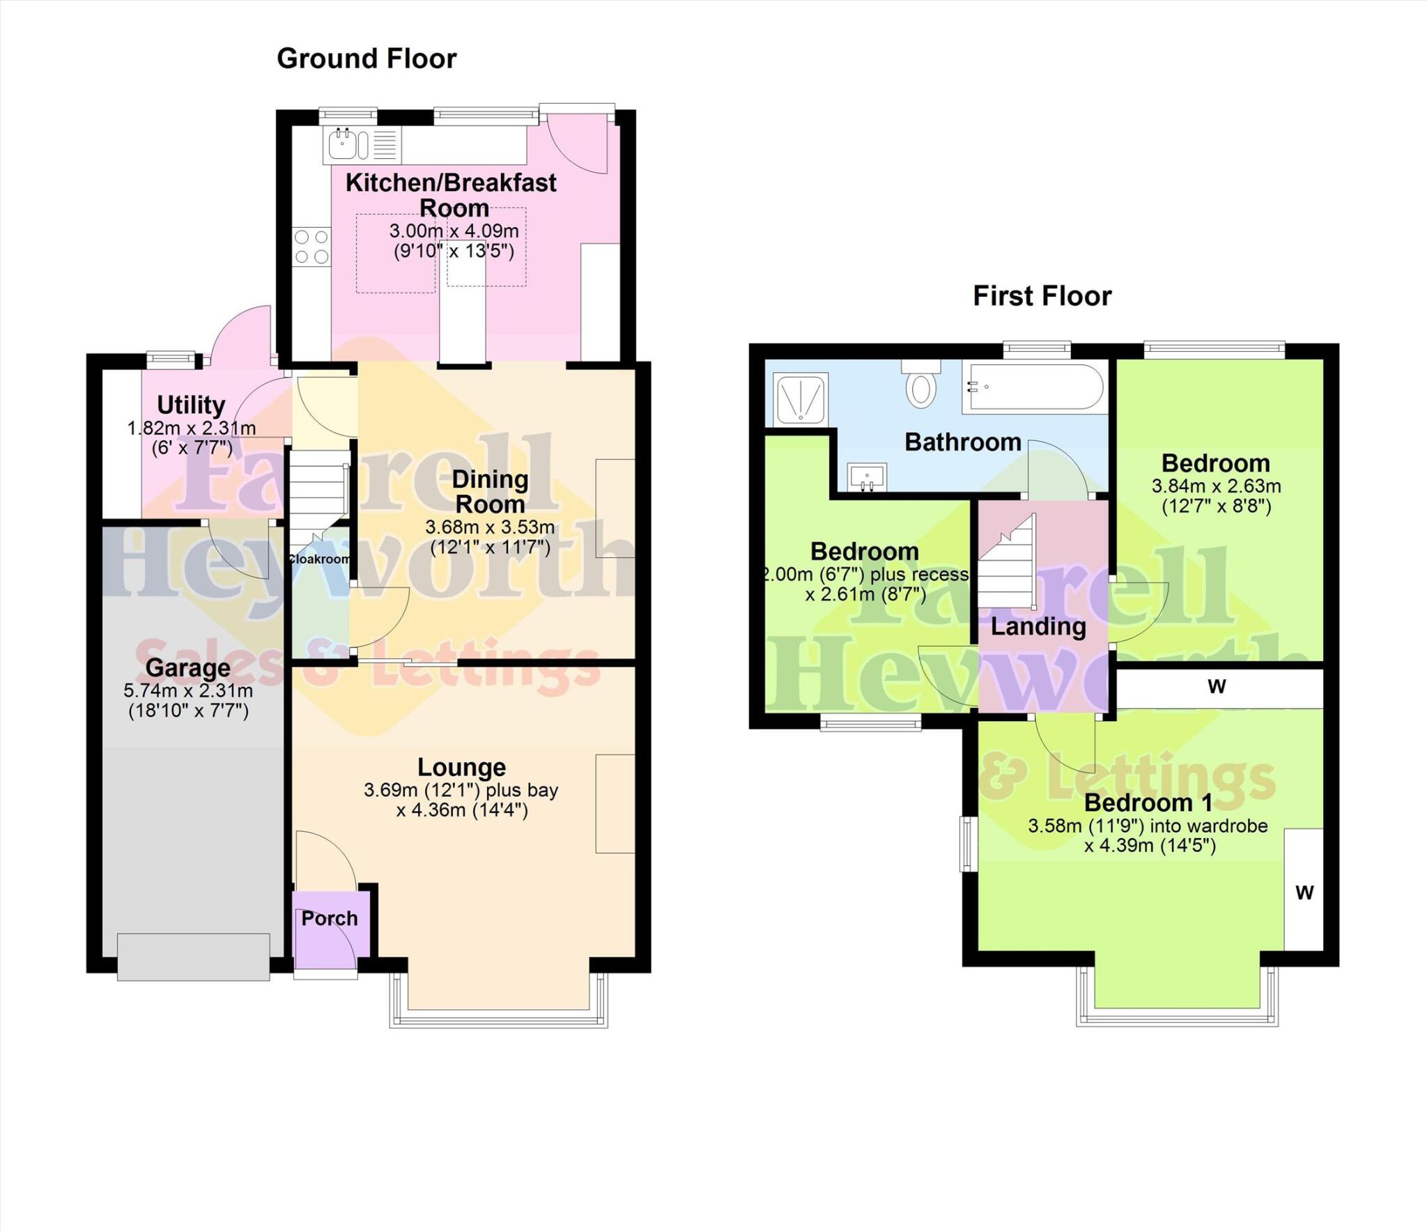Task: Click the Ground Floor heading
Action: point(367,59)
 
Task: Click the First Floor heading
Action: point(1042,296)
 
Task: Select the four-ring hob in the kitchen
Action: point(311,247)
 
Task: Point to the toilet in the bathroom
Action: point(920,386)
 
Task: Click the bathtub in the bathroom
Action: point(1033,387)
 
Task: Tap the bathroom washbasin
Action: point(867,477)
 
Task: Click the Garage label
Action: point(187,668)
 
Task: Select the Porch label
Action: point(330,918)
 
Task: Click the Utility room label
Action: point(191,405)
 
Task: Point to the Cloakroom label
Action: point(320,559)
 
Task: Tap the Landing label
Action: point(1038,626)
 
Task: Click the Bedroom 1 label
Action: point(1148,803)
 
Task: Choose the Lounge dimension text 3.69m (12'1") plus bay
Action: point(461,790)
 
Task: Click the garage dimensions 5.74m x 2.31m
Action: point(188,691)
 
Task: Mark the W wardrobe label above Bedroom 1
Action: point(1217,687)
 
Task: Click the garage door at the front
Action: point(193,957)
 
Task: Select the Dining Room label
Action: point(490,492)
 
